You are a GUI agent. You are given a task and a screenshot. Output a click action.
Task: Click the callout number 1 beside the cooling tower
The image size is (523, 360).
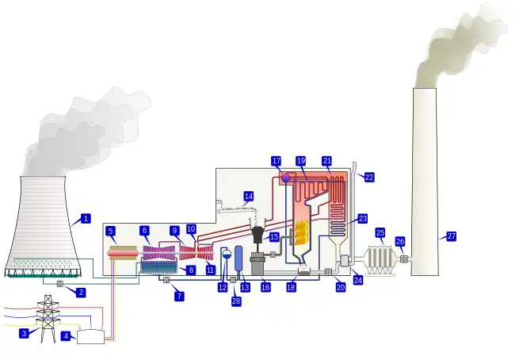[86, 218]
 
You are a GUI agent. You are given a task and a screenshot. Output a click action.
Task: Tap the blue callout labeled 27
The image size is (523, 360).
[451, 236]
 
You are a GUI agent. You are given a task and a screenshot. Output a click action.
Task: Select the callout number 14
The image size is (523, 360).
[248, 196]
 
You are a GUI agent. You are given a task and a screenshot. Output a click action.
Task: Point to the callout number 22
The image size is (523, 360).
[369, 177]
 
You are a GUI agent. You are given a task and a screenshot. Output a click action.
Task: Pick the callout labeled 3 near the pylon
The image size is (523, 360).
[24, 333]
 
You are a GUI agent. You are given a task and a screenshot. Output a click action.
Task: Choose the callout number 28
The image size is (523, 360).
[236, 301]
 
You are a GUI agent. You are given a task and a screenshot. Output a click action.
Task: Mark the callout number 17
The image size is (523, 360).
[276, 161]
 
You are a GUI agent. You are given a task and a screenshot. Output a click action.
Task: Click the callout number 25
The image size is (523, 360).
[380, 233]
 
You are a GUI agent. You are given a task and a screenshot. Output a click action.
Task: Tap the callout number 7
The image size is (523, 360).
[179, 296]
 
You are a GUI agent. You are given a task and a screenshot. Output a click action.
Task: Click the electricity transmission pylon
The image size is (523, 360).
[48, 319]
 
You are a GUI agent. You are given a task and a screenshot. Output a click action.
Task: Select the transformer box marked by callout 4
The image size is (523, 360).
[90, 335]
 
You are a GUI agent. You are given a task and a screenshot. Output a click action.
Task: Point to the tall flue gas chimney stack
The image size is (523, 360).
[424, 182]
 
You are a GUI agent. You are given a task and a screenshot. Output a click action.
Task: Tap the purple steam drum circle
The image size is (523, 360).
[285, 178]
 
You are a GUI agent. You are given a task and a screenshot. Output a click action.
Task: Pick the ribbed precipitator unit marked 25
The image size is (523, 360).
[380, 259]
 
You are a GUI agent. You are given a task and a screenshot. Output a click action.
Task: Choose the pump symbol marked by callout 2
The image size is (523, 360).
[60, 283]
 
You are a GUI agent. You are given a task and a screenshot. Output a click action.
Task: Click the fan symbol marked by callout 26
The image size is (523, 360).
[403, 259]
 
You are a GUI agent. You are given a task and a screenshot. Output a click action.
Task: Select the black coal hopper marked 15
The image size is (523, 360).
[258, 235]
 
